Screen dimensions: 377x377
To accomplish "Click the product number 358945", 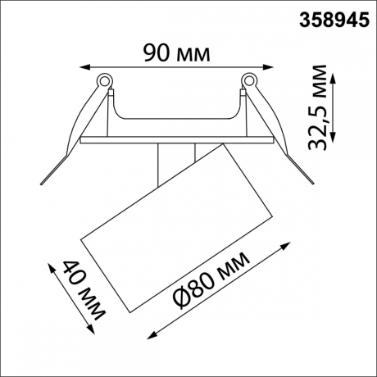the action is tap(334, 20).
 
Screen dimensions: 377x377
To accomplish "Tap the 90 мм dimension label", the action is tap(177, 53).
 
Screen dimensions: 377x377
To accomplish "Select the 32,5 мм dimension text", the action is tap(317, 107).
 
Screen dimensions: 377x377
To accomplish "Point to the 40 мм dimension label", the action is tap(84, 290).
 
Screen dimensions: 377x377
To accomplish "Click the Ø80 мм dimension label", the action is tap(211, 280).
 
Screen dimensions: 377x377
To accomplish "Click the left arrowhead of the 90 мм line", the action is tap(84, 67).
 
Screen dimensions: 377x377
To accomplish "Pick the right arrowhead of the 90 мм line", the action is tap(268, 67).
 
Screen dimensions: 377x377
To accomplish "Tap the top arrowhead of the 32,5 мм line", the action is tap(333, 79).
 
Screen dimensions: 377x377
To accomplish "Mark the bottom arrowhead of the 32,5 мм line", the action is tap(333, 137).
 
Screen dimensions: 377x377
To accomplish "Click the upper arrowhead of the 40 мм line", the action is tap(51, 267).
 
